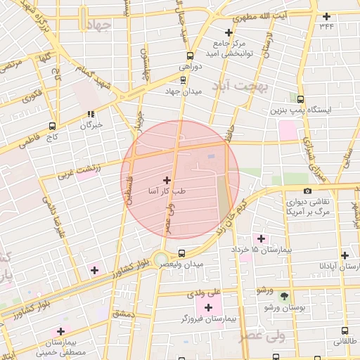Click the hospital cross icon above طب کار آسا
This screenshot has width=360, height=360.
[167, 180]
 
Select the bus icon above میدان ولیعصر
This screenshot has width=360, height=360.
[182, 252]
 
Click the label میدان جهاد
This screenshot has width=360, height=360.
[188, 91]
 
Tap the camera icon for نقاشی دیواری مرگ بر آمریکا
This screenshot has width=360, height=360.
[307, 191]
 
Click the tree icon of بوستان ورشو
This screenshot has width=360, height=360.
[284, 296]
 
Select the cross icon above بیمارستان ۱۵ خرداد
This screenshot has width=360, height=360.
[262, 239]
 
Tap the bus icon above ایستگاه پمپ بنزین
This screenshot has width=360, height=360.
[301, 100]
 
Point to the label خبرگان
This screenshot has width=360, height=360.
[91, 125]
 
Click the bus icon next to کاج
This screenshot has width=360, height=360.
[52, 126]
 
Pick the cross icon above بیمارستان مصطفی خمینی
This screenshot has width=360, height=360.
[60, 331]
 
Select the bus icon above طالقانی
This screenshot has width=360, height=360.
[345, 330]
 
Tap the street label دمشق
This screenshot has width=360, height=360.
[122, 314]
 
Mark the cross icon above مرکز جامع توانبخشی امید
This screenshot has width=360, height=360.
[228, 32]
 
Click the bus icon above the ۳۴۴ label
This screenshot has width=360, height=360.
[326, 16]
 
